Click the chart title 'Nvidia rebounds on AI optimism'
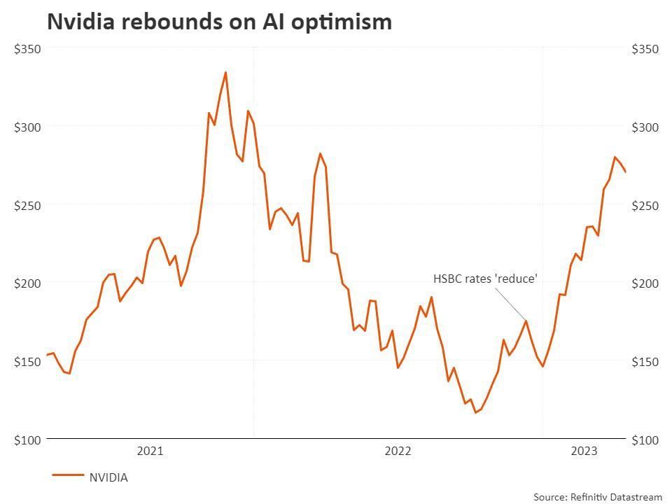(x=219, y=22)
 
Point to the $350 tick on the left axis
(x=28, y=49)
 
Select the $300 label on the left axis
(x=28, y=127)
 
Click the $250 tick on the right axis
(x=645, y=205)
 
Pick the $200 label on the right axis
(x=645, y=283)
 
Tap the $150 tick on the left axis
(x=28, y=361)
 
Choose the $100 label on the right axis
(x=645, y=440)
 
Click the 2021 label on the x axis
(x=150, y=451)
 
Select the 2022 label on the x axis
(x=398, y=451)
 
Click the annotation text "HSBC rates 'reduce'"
(x=485, y=279)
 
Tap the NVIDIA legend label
(x=108, y=477)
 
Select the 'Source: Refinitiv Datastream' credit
(x=597, y=496)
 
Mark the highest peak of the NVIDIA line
(x=225, y=72)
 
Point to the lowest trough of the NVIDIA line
(x=476, y=412)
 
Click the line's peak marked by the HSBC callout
(x=526, y=321)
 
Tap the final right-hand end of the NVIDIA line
(x=625, y=171)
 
